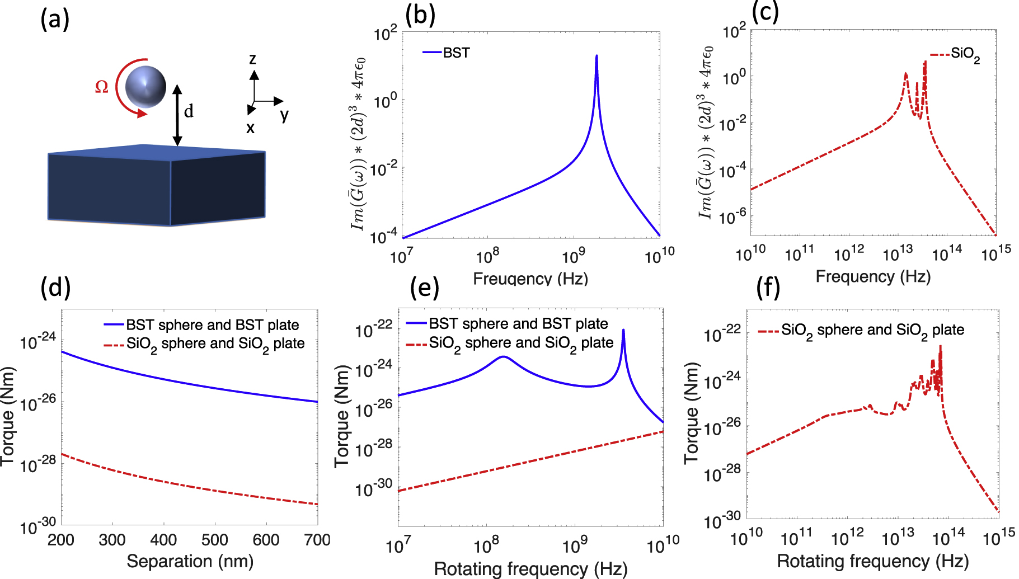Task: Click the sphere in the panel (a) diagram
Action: (x=145, y=87)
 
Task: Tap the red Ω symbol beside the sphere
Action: (x=101, y=87)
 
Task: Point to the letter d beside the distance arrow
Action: (x=189, y=111)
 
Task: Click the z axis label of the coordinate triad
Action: (x=253, y=59)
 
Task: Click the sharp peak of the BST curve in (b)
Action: (x=597, y=57)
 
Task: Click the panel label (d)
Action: (x=55, y=287)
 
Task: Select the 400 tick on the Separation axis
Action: (x=163, y=540)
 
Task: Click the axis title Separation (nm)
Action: (x=190, y=561)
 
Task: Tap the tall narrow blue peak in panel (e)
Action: (x=623, y=331)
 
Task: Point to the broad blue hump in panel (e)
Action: (x=504, y=357)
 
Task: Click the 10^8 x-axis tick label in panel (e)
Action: (x=486, y=545)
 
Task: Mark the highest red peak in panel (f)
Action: (x=940, y=346)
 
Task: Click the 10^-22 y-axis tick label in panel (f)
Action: (x=722, y=335)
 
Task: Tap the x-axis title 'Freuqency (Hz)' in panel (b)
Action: (x=530, y=279)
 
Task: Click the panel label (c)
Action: (x=765, y=12)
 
